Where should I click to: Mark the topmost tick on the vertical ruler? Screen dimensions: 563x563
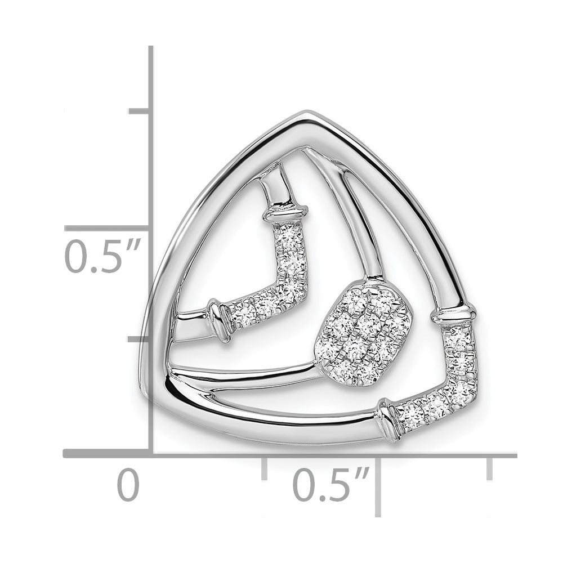pos(138,111)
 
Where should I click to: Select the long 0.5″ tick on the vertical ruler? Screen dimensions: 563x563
pos(106,229)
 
